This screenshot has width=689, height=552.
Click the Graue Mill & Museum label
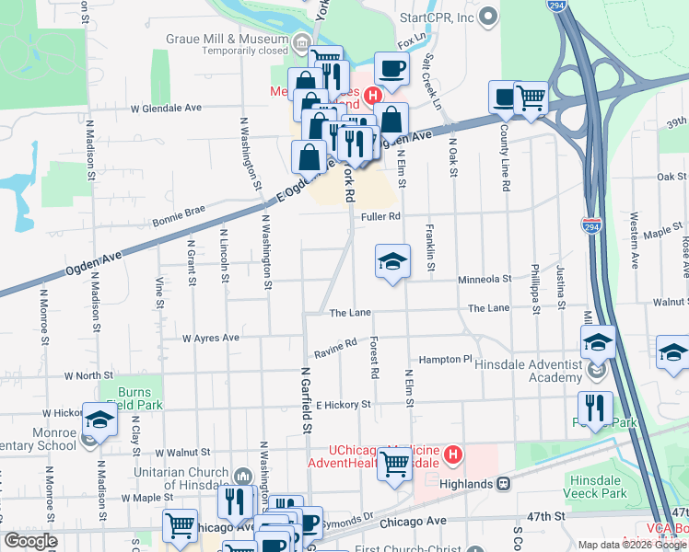228,40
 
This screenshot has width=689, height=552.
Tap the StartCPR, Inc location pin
488,17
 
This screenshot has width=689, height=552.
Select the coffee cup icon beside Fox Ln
391,69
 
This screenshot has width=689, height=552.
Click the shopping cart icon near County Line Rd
531,98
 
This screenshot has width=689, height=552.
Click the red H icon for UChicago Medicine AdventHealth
452,454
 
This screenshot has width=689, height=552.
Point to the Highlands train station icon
504,483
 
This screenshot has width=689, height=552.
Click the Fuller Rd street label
380,216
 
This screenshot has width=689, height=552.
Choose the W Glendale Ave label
166,108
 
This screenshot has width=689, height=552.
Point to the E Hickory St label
343,404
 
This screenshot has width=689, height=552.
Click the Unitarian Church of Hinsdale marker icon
243,475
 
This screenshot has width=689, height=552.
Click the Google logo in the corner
31,541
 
